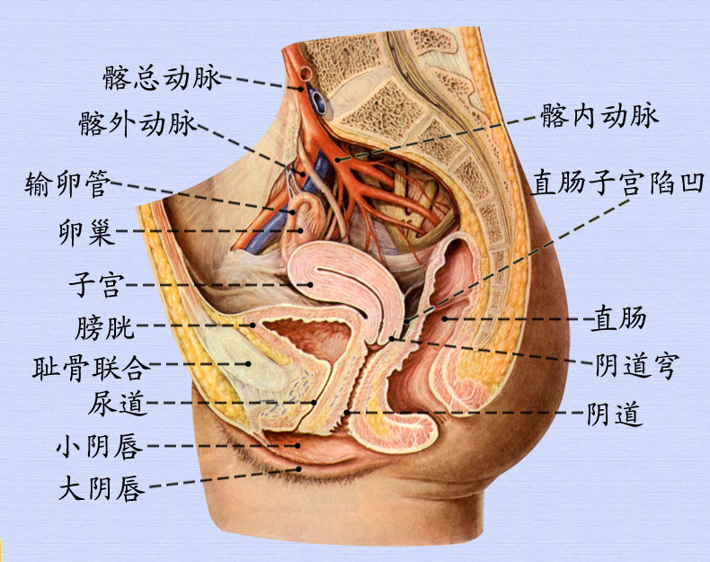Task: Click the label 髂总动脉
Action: (x=161, y=78)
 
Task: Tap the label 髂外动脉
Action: (x=137, y=124)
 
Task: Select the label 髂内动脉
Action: (x=600, y=115)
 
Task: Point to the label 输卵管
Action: (x=68, y=185)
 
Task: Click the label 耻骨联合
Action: (x=87, y=367)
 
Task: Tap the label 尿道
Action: (x=118, y=404)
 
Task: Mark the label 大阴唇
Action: (x=101, y=488)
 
